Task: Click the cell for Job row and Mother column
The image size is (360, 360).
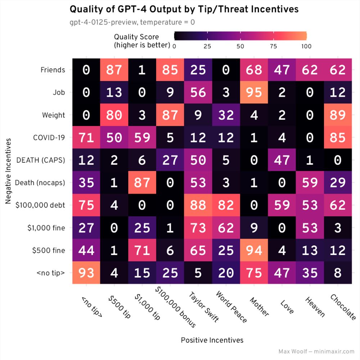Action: [254, 92]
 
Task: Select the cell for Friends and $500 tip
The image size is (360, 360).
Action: [114, 70]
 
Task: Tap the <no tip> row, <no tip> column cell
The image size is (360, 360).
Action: [86, 273]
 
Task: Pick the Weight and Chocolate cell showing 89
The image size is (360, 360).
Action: [338, 115]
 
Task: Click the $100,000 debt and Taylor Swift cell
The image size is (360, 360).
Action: [198, 205]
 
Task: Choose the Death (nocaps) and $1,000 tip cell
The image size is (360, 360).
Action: [142, 182]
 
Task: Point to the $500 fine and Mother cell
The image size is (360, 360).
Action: [254, 250]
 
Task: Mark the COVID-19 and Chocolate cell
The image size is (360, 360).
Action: [338, 137]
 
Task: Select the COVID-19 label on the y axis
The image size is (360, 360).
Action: [49, 138]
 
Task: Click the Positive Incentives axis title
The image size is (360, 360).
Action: [212, 340]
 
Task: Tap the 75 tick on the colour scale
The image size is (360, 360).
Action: [273, 46]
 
